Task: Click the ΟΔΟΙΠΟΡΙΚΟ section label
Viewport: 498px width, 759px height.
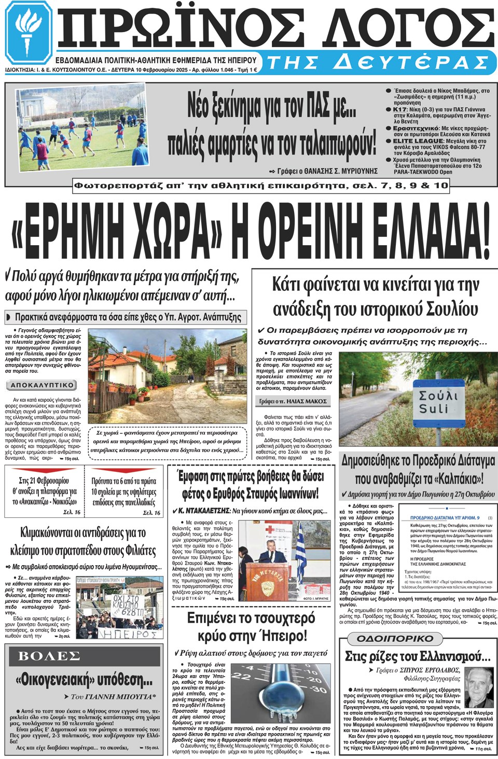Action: point(395,638)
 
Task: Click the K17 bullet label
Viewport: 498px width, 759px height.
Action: point(400,109)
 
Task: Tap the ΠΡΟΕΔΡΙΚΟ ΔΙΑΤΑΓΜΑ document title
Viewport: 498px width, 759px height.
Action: point(445,517)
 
